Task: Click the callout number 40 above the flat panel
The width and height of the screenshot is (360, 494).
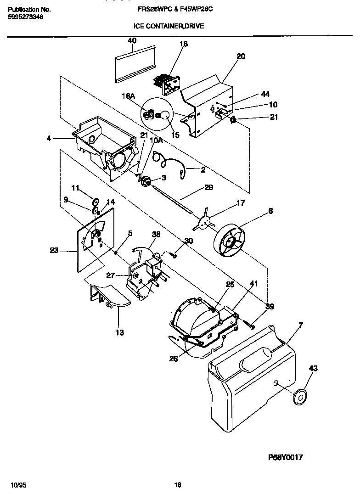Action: click(132, 41)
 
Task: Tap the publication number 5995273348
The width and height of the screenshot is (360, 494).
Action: click(26, 17)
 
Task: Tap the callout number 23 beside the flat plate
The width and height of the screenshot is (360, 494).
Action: click(55, 251)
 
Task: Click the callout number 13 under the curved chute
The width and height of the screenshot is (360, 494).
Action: click(119, 332)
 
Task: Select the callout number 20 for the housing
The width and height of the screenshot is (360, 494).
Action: click(241, 56)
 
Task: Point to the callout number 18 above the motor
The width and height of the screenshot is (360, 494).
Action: click(184, 44)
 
